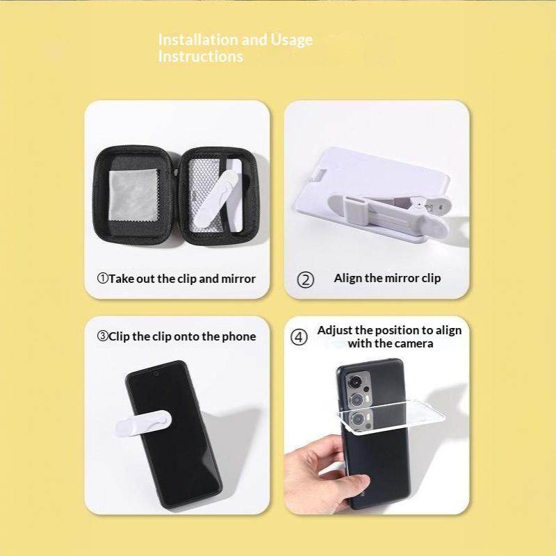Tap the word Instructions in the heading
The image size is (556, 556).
pos(201,56)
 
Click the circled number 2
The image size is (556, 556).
pos(305,280)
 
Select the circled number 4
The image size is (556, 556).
pos(299,337)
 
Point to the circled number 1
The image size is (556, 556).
pos(102,279)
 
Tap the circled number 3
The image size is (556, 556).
pos(102,336)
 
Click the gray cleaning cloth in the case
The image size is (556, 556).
pos(134,197)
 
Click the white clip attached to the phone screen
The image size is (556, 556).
pos(143,424)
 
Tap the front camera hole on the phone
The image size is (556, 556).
pos(156,373)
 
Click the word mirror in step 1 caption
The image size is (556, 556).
pos(238,279)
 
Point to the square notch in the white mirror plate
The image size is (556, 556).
pos(321,175)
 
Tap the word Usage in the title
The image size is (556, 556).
pos(291,40)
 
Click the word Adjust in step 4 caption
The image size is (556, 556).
pos(334,331)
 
